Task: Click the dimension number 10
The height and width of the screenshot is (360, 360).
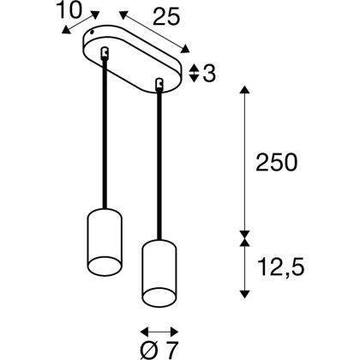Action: (69, 10)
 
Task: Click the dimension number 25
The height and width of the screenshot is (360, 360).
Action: (166, 16)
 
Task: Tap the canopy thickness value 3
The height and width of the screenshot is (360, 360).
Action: (209, 74)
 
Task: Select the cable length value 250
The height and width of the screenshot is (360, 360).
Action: (276, 163)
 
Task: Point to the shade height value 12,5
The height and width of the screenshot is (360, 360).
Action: (281, 267)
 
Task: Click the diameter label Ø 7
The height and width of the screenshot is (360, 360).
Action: (159, 350)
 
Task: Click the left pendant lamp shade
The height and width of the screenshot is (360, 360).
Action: (105, 243)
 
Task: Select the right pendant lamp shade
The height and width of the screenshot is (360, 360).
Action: (159, 273)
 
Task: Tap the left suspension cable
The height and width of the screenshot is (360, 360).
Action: (105, 133)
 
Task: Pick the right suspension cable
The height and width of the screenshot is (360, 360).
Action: (159, 165)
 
